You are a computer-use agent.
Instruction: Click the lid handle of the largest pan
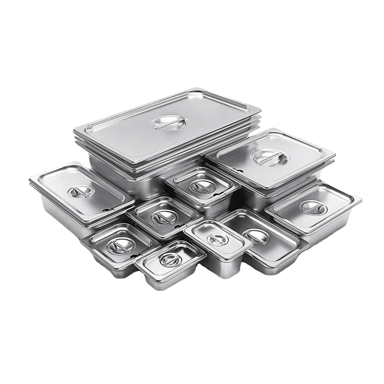coord(166,122)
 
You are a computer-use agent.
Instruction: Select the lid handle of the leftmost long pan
coord(81,192)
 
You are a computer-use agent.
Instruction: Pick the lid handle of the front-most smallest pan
coord(170,260)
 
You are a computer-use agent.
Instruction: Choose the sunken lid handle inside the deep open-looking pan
coord(256,236)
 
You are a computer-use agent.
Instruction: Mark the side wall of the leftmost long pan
coord(58,211)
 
